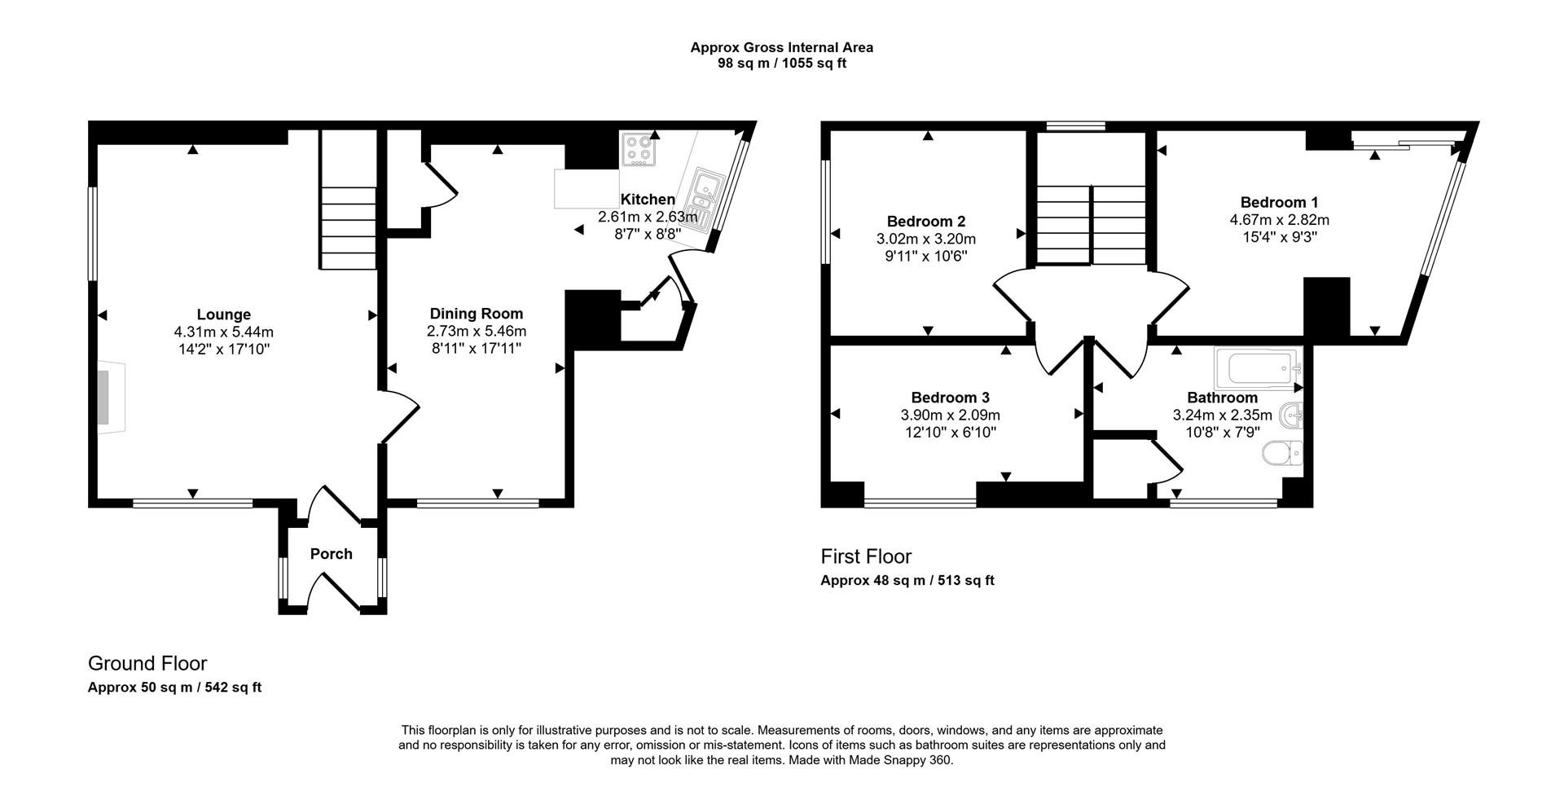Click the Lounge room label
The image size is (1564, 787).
[x=223, y=314]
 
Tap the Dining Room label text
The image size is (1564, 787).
[x=477, y=314]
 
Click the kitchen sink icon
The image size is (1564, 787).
[x=702, y=196]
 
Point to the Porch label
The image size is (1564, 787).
[x=331, y=554]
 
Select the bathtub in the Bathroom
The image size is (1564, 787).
[x=1255, y=369]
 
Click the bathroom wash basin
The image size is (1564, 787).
[x=1293, y=417]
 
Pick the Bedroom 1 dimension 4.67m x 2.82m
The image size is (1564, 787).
[x=1279, y=220]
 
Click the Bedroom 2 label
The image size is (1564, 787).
[x=926, y=222]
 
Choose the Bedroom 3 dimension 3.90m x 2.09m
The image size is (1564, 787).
[x=950, y=415]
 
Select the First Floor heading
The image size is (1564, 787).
[x=866, y=556]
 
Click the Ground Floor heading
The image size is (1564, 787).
[x=147, y=663]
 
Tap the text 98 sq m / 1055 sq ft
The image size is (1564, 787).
[x=781, y=63]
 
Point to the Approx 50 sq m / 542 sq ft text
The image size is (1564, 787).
[x=174, y=687]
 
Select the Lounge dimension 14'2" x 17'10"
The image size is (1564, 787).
[x=223, y=350]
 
